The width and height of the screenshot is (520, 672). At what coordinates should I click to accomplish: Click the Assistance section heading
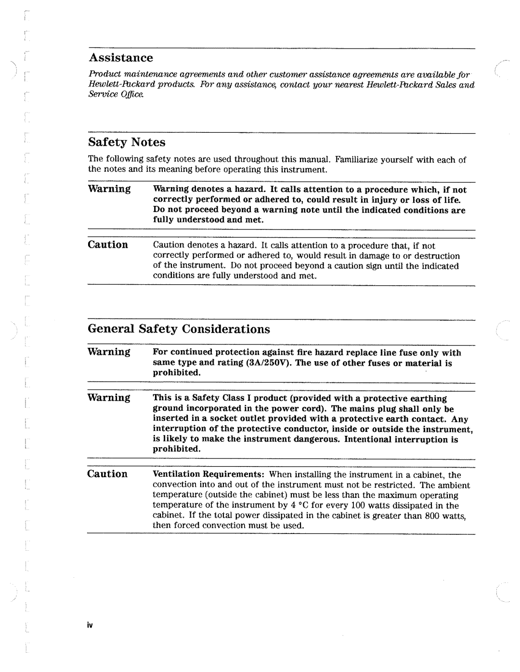(x=121, y=58)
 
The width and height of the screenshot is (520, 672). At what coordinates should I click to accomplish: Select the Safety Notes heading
(x=127, y=142)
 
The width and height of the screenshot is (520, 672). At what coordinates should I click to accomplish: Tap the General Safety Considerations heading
(x=179, y=329)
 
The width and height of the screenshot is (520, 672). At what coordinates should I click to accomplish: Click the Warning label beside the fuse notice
(x=109, y=352)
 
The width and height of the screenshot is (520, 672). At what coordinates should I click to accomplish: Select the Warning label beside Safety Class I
(x=109, y=397)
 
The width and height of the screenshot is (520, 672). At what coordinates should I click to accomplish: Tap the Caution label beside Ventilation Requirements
(x=107, y=474)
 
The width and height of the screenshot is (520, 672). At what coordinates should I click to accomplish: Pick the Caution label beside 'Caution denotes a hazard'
(x=107, y=245)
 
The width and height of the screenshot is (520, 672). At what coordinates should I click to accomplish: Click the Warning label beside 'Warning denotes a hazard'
(x=109, y=189)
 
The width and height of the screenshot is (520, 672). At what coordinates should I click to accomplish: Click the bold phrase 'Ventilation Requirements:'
(x=200, y=475)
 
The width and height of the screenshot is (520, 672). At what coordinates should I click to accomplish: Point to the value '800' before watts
(x=431, y=516)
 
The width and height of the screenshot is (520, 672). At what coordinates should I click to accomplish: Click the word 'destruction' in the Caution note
(x=437, y=256)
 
